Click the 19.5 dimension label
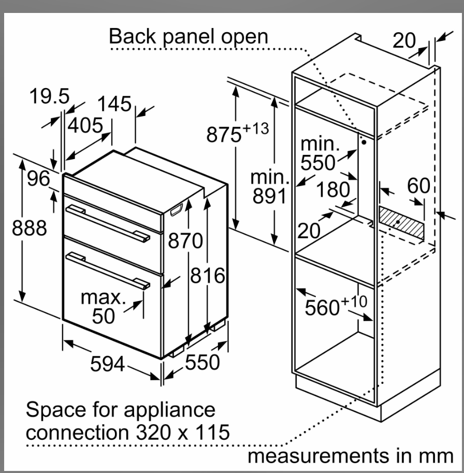coord(49,96)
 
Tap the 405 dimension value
coord(85,125)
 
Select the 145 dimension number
coord(115,104)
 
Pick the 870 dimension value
coord(185,241)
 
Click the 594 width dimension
coord(107,365)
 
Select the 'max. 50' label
coord(104,307)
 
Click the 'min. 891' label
coord(269,187)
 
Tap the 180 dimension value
coord(333,190)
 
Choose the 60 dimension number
coord(418,185)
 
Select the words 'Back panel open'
coord(189,36)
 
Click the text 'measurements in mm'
coord(350,456)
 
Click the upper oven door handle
coord(108,223)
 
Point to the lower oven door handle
coord(108,269)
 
